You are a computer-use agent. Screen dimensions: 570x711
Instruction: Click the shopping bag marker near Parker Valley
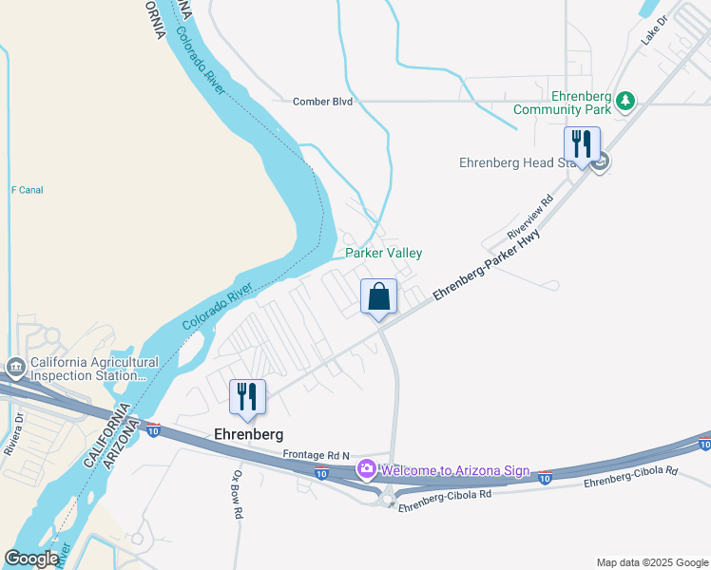coord(379,297)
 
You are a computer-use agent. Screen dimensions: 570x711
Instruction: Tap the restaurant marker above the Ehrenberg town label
coord(247,396)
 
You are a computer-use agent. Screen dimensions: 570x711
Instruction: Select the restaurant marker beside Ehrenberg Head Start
coord(580,144)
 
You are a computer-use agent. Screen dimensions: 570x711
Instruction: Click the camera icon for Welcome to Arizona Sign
coord(367,468)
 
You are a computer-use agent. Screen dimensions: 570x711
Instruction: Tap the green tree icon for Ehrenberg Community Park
coord(625,100)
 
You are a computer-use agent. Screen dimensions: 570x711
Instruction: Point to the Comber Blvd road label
coord(322,102)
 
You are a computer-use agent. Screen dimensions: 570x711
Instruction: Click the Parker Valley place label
coord(383,254)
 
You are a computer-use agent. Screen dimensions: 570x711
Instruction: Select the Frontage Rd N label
coord(316,454)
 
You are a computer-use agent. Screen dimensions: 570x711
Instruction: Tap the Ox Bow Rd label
coord(238,493)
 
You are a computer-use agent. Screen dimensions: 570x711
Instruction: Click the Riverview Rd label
coord(529,217)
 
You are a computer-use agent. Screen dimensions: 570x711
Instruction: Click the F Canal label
coord(27,190)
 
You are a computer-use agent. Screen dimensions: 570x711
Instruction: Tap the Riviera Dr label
coord(14,434)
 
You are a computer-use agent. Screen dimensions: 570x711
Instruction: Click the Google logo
coord(31,559)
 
